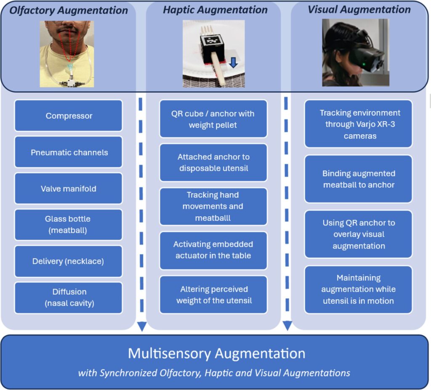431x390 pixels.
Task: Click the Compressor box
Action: click(69, 116)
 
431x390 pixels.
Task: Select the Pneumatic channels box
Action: click(69, 152)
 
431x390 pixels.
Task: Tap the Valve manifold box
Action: click(69, 188)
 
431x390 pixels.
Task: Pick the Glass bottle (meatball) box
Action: click(69, 225)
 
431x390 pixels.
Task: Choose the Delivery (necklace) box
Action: click(69, 261)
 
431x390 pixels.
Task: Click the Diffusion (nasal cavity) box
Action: click(69, 297)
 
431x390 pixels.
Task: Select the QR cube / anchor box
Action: click(213, 119)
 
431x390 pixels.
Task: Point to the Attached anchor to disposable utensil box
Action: click(213, 162)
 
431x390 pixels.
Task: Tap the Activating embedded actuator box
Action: click(213, 250)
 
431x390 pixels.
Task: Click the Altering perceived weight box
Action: click(213, 294)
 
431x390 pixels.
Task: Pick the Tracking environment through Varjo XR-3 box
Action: click(359, 124)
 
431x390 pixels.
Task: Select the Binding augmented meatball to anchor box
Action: click(359, 179)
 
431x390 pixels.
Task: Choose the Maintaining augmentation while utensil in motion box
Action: click(359, 289)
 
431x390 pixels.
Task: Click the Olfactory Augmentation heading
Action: click(68, 10)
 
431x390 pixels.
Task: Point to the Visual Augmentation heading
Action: click(359, 9)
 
